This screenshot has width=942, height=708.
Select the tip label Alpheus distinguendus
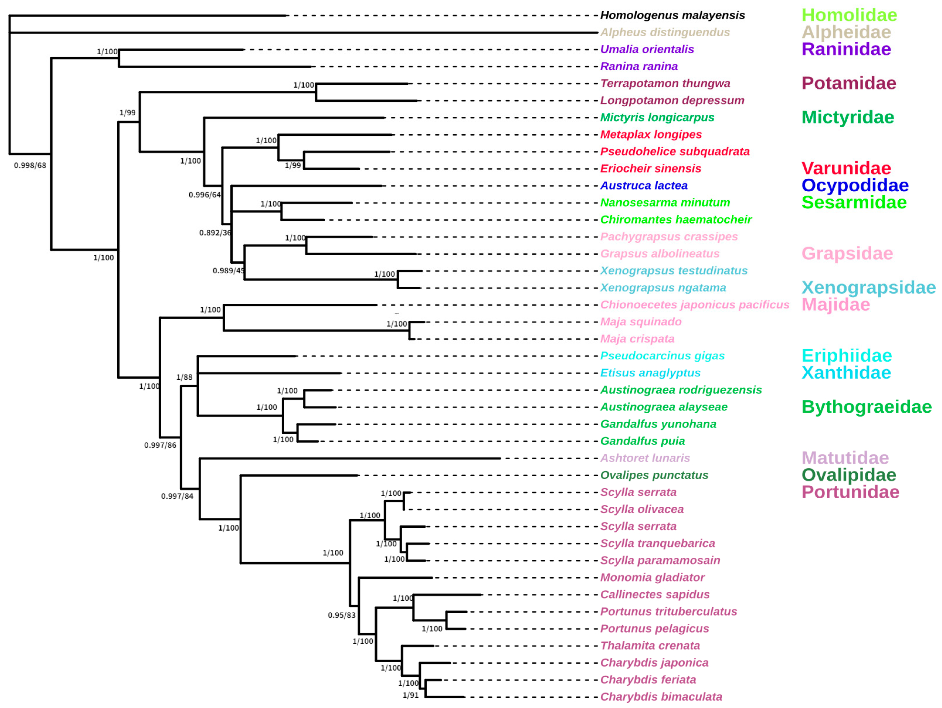(x=665, y=32)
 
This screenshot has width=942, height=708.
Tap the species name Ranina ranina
(x=639, y=67)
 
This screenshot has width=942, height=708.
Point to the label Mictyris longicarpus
(x=657, y=118)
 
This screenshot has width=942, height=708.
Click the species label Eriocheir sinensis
(x=650, y=169)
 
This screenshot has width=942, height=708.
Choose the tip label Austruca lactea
(x=644, y=186)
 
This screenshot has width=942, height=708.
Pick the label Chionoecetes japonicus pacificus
(x=695, y=305)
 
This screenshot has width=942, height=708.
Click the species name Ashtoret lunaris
(x=645, y=458)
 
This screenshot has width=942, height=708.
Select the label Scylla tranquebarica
(x=657, y=544)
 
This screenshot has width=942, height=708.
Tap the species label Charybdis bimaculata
(x=661, y=697)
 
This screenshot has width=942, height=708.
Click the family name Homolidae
(x=849, y=15)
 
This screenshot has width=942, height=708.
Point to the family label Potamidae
(x=848, y=83)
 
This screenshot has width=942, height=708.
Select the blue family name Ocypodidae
(x=855, y=186)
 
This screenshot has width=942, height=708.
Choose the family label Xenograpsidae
(x=868, y=288)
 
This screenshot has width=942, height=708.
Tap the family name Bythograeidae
(x=866, y=407)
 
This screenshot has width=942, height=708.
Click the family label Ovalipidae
(x=848, y=475)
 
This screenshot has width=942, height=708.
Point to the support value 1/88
(x=184, y=377)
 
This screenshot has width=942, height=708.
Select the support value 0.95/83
(x=341, y=616)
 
